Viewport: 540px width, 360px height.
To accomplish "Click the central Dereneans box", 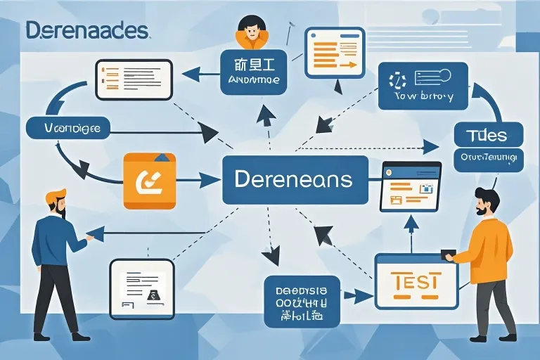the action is click(295, 180).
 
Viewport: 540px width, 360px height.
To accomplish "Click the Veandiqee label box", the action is click(62, 129).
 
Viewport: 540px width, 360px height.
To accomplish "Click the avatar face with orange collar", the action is click(250, 32).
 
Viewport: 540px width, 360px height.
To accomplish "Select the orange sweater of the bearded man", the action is click(491, 250).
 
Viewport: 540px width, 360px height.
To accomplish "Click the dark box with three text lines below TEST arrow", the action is click(302, 301).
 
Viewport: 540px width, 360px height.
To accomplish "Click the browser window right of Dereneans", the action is click(411, 186).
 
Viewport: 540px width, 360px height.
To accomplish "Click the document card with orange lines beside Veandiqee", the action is click(134, 78).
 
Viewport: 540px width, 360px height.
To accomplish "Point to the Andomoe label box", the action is click(254, 72).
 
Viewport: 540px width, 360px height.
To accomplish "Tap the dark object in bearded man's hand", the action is click(448, 254).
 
